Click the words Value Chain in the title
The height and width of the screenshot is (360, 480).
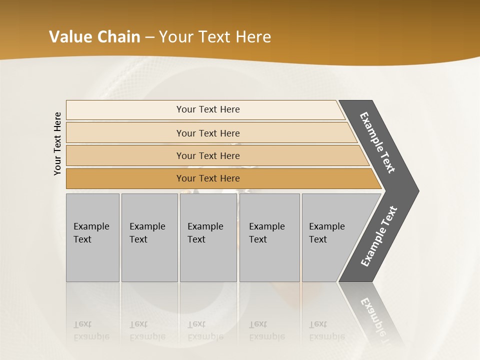[94, 37]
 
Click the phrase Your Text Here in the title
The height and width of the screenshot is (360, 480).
[215, 37]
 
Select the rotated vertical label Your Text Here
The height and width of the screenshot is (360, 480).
[57, 143]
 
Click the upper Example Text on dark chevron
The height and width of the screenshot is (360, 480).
[378, 142]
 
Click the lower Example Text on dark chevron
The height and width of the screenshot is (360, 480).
[379, 236]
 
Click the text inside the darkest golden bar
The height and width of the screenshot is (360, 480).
[208, 178]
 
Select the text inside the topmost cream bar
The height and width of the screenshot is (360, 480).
[208, 109]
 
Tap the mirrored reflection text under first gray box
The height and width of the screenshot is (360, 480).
[91, 330]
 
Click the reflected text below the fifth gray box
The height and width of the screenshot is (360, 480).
[326, 330]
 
